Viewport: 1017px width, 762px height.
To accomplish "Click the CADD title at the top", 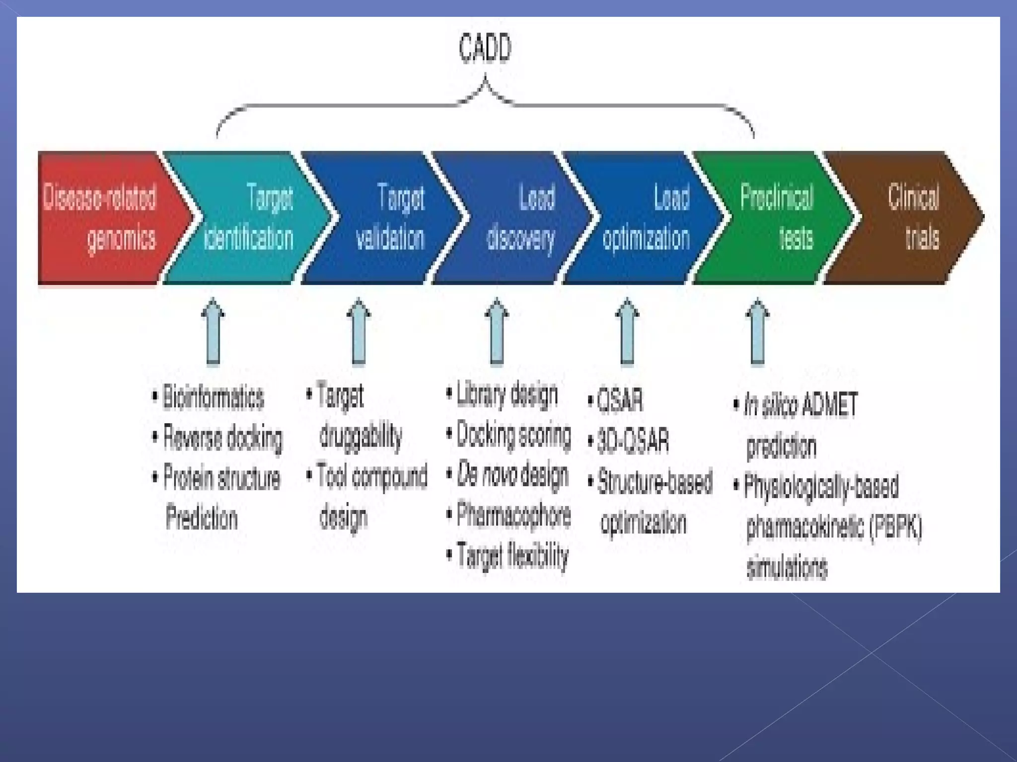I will [485, 49].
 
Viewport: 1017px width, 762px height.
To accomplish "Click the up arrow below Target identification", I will [213, 331].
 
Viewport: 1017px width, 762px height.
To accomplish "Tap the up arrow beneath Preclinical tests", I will [757, 331].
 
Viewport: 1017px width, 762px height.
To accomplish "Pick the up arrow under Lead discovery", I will [497, 331].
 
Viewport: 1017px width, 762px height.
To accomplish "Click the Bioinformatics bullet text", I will [214, 398].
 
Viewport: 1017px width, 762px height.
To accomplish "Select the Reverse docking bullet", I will [222, 438].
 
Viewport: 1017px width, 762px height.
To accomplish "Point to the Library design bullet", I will [507, 395].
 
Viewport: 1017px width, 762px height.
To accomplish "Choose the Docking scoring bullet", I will [513, 435].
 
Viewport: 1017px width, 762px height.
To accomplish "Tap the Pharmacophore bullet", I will [513, 515].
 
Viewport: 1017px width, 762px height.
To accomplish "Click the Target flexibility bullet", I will [512, 555].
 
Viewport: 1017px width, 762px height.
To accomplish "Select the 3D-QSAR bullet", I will [633, 441].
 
